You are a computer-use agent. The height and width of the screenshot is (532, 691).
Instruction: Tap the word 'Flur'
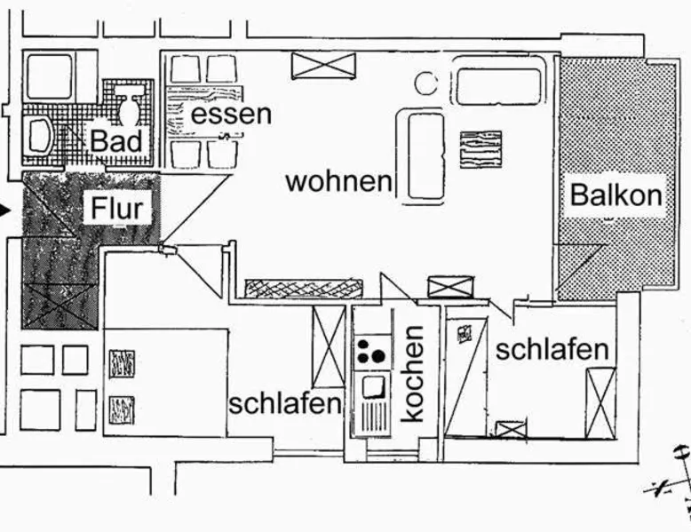116,209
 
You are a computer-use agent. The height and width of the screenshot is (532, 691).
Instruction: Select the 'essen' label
232,114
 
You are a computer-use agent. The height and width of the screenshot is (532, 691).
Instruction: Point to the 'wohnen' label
338,181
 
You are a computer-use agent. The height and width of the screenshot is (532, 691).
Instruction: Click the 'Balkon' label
616,194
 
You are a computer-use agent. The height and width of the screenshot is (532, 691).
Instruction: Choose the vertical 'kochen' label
413,373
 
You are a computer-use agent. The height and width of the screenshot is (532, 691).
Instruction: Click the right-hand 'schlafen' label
552,349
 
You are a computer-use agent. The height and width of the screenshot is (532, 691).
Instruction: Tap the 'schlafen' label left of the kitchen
285,403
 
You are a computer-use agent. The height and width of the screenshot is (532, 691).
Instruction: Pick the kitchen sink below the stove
373,385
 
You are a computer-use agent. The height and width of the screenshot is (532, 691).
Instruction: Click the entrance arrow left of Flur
6,210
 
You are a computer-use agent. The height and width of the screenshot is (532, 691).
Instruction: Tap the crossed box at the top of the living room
323,65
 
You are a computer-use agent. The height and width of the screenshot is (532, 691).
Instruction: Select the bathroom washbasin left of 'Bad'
41,136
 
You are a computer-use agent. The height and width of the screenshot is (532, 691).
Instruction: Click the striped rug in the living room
481,147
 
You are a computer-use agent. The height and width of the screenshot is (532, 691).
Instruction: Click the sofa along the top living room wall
497,85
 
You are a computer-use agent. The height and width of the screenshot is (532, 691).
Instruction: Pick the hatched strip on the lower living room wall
304,288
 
